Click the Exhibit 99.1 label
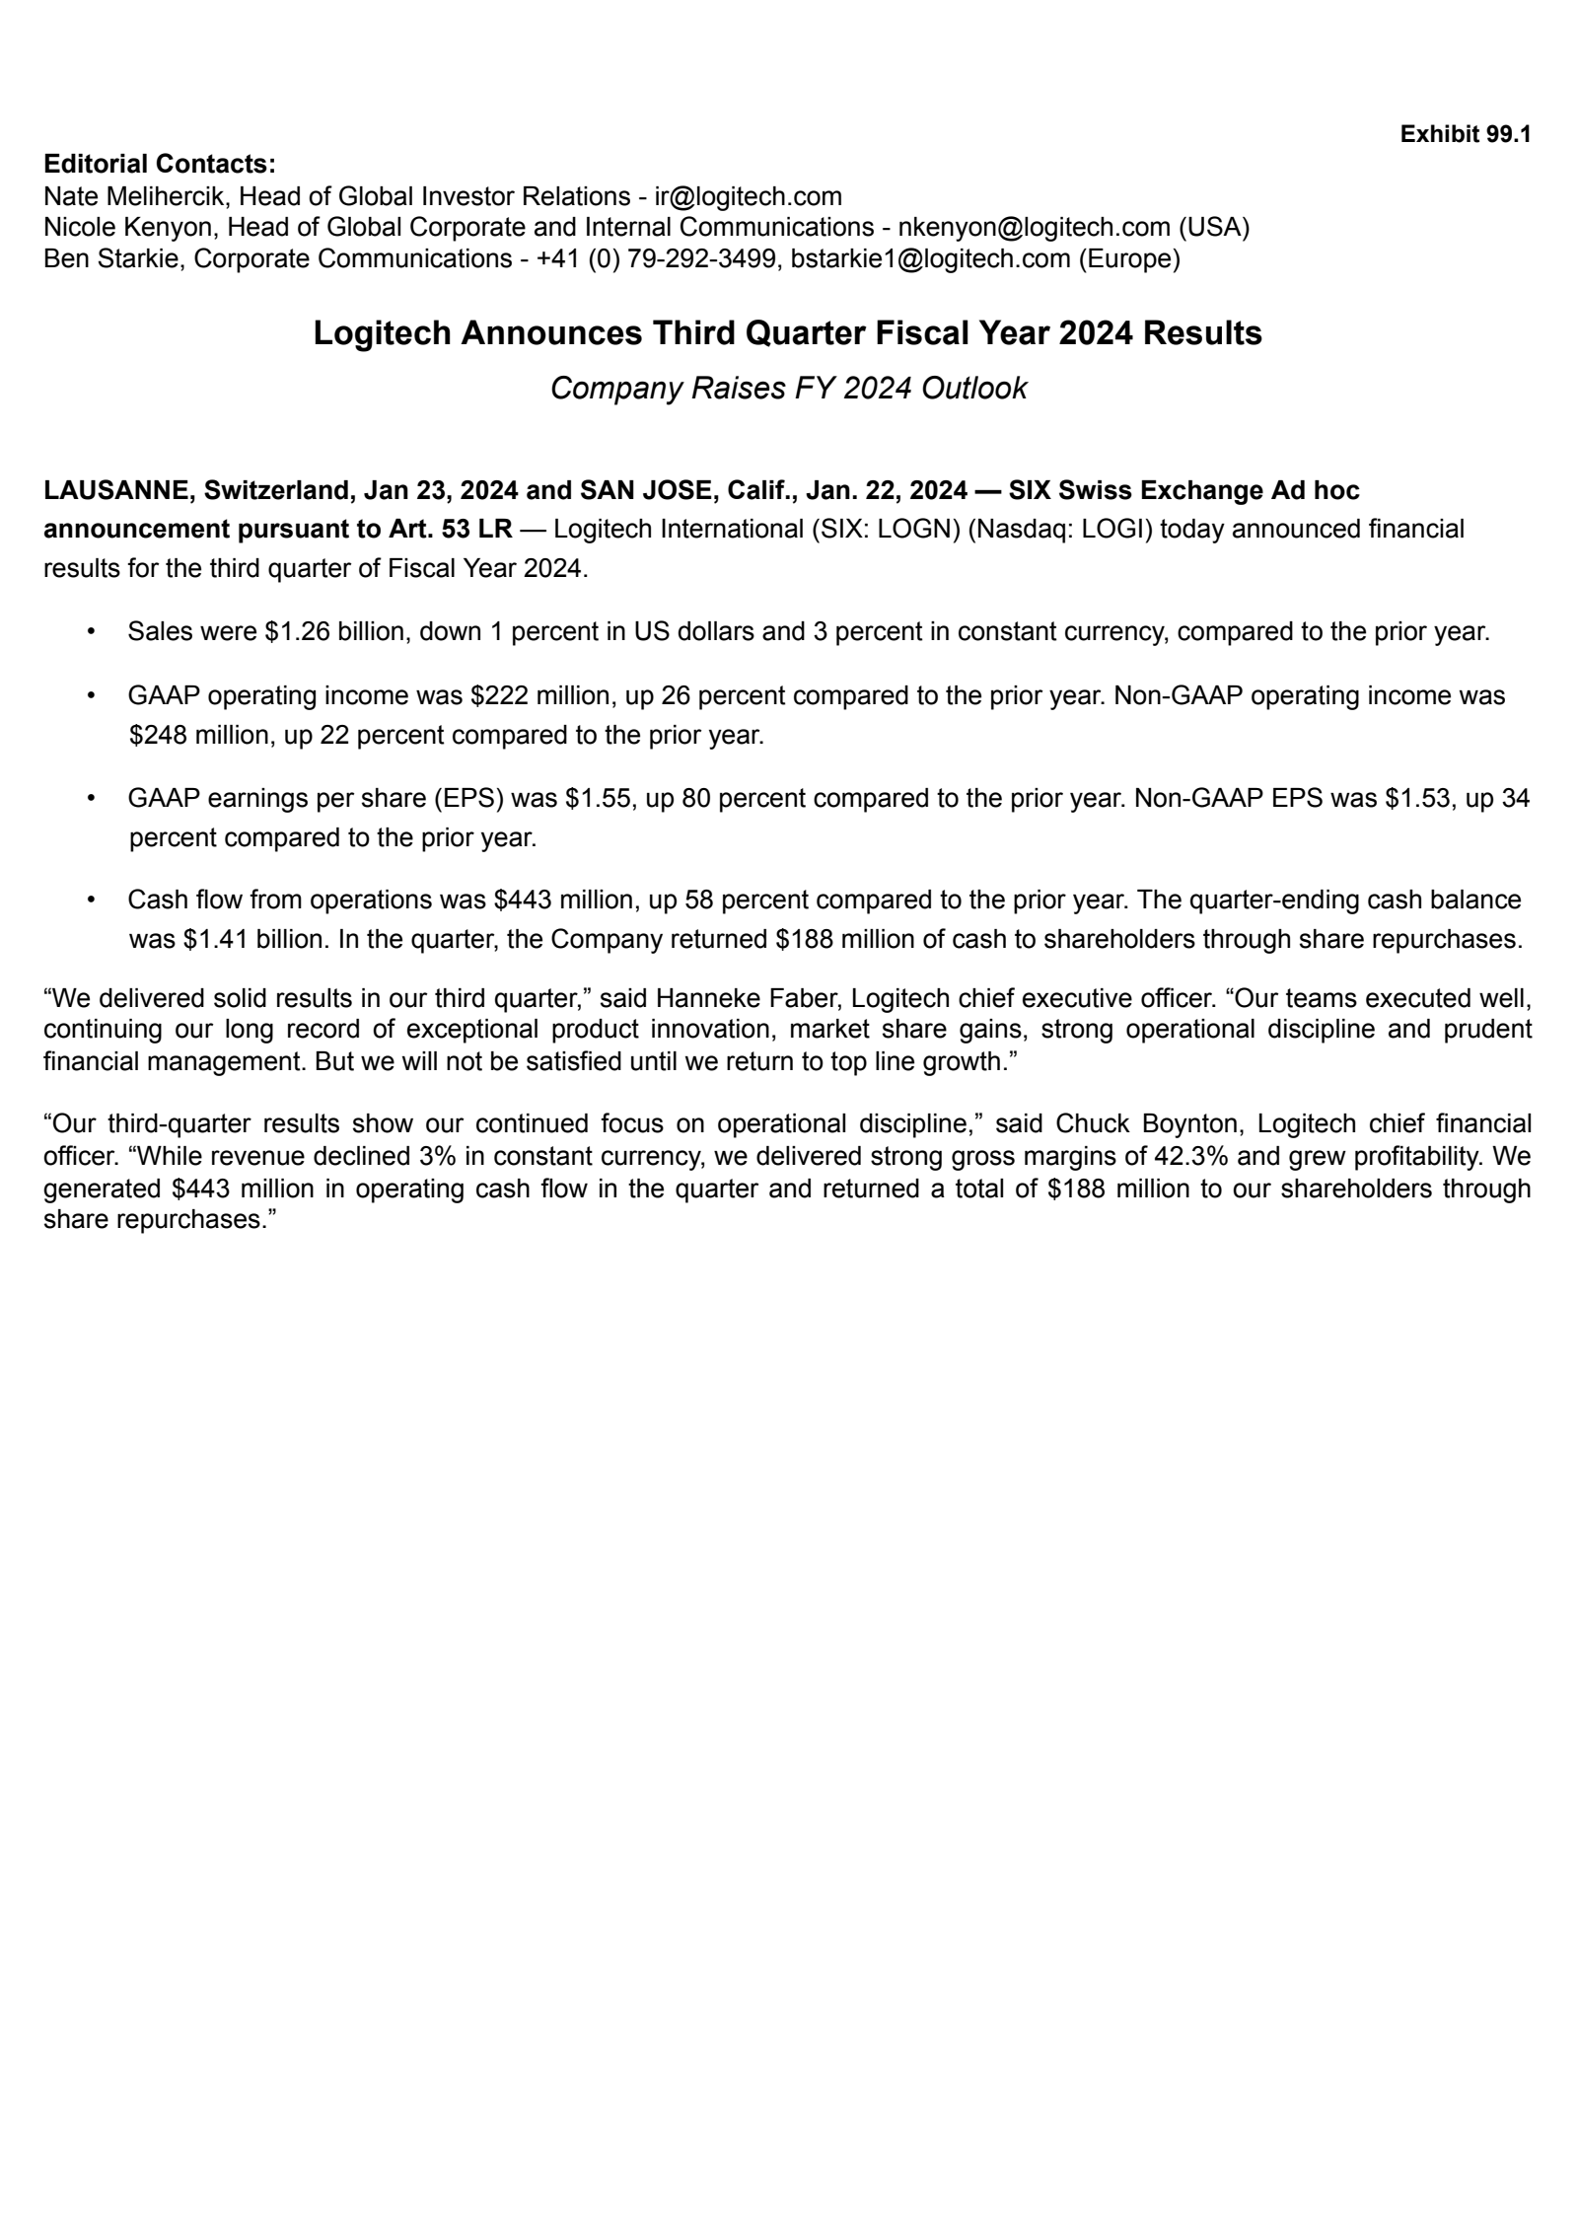tap(1465, 134)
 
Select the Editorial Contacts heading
tap(159, 164)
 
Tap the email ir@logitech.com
tap(748, 196)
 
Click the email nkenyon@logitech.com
tap(1034, 228)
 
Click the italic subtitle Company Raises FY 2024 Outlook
tap(788, 389)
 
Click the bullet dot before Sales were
tap(91, 631)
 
